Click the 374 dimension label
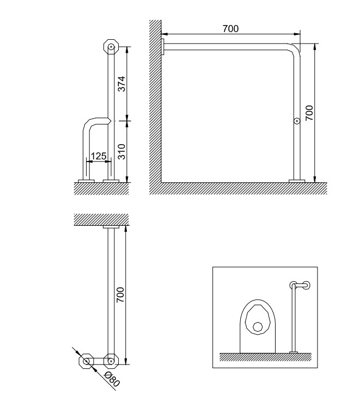pos(121,84)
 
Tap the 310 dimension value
pos(121,152)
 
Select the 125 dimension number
pos(99,156)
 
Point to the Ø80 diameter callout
pos(112,379)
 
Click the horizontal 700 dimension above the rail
pos(230,29)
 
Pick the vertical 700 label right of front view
pos(309,113)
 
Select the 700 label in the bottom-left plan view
pos(120,295)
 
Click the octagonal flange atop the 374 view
pos(111,47)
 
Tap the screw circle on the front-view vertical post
pos(297,121)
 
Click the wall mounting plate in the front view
pos(162,47)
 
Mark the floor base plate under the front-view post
pos(297,181)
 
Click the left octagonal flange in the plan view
pos(86,361)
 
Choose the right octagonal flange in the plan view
pos(111,361)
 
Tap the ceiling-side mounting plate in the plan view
pos(111,227)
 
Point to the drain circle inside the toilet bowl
pos(257,327)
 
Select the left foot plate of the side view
pos(86,181)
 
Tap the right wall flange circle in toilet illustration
pos(306,285)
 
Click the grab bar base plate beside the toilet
pos(294,353)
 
